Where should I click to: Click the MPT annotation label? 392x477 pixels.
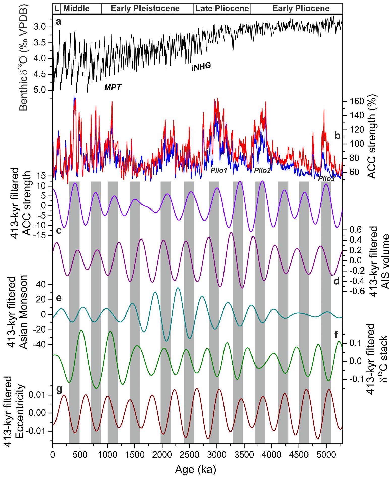click(x=113, y=87)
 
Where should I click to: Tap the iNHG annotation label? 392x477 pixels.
click(x=201, y=67)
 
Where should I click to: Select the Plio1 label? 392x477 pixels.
click(x=219, y=171)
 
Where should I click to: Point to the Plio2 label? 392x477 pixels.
click(x=262, y=171)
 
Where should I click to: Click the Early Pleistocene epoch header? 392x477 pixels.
click(x=145, y=8)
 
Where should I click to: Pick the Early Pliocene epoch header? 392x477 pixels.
click(x=301, y=8)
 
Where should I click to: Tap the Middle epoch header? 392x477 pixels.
click(x=76, y=8)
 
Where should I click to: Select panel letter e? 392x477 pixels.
click(x=59, y=298)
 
